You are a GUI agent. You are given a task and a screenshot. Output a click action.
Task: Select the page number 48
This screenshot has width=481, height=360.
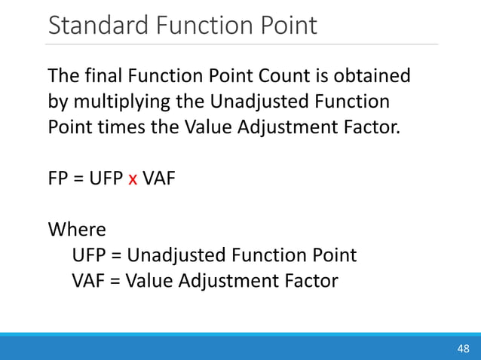(462, 348)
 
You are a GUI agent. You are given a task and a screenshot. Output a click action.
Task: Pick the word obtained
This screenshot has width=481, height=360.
(372, 76)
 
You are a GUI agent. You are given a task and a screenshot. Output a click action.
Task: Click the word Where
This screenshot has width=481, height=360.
(76, 229)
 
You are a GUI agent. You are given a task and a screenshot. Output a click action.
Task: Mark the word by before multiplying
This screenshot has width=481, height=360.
(57, 101)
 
